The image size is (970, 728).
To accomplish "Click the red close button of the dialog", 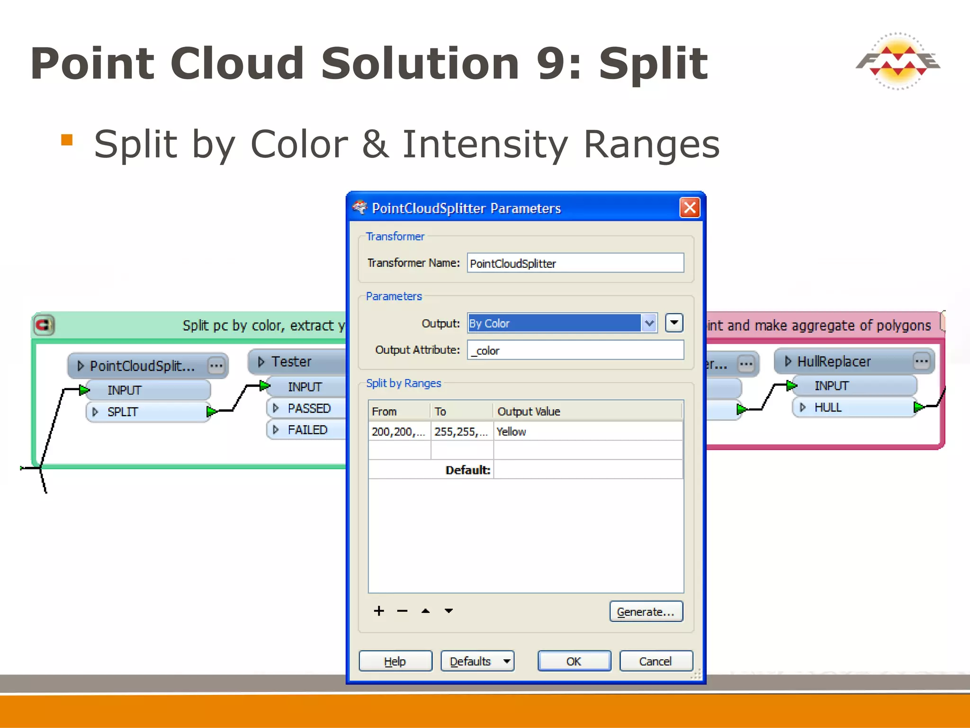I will point(690,208).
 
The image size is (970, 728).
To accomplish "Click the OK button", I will point(574,661).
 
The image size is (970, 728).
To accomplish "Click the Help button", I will point(395,661).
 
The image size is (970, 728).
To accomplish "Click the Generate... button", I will point(646,612).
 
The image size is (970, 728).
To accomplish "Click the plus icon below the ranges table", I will point(379,611).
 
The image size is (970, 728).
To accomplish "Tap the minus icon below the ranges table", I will point(402,611).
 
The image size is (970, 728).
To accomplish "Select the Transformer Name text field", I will point(575,264).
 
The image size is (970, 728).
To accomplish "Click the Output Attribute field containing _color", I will point(575,350).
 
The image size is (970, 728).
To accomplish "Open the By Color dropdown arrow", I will point(649,323).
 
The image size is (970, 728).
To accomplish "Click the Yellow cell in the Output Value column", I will point(587,432).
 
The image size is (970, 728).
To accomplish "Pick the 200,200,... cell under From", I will point(399,432).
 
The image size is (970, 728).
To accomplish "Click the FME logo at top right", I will point(898,62).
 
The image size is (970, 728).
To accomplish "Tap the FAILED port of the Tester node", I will point(308,430).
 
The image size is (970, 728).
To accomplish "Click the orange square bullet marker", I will point(67,140).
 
